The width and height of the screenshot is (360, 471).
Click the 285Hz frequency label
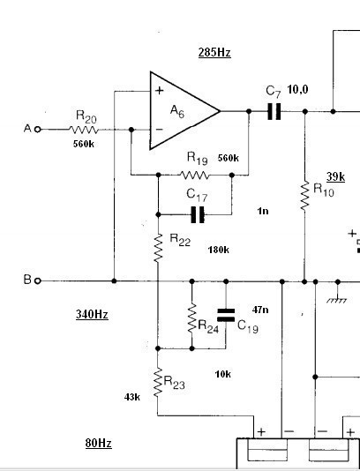[x=214, y=53]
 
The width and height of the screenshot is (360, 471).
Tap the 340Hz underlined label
[x=92, y=315]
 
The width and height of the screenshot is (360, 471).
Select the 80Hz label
[x=98, y=443]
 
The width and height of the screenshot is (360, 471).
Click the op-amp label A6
[x=177, y=111]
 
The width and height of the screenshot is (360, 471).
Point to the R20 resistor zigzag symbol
[x=84, y=130]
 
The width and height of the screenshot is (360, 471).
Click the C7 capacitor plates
[x=274, y=111]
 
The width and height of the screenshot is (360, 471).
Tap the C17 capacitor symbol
[x=198, y=214]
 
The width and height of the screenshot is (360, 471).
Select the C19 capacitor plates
[x=226, y=315]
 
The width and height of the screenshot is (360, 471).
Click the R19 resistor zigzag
[x=194, y=175]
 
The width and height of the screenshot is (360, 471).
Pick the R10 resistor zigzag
[x=304, y=196]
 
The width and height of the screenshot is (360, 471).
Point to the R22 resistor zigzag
[x=158, y=248]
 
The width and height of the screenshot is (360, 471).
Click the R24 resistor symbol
[x=192, y=318]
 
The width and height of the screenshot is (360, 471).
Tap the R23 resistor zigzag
[x=158, y=382]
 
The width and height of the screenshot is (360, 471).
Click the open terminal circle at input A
[x=38, y=130]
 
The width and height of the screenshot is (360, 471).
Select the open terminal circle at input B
[x=38, y=280]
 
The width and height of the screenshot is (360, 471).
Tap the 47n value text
[x=260, y=310]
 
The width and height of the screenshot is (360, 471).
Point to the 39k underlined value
[x=335, y=177]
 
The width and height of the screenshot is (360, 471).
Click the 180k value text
[x=219, y=250]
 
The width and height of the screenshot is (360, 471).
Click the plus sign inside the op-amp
[x=160, y=90]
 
